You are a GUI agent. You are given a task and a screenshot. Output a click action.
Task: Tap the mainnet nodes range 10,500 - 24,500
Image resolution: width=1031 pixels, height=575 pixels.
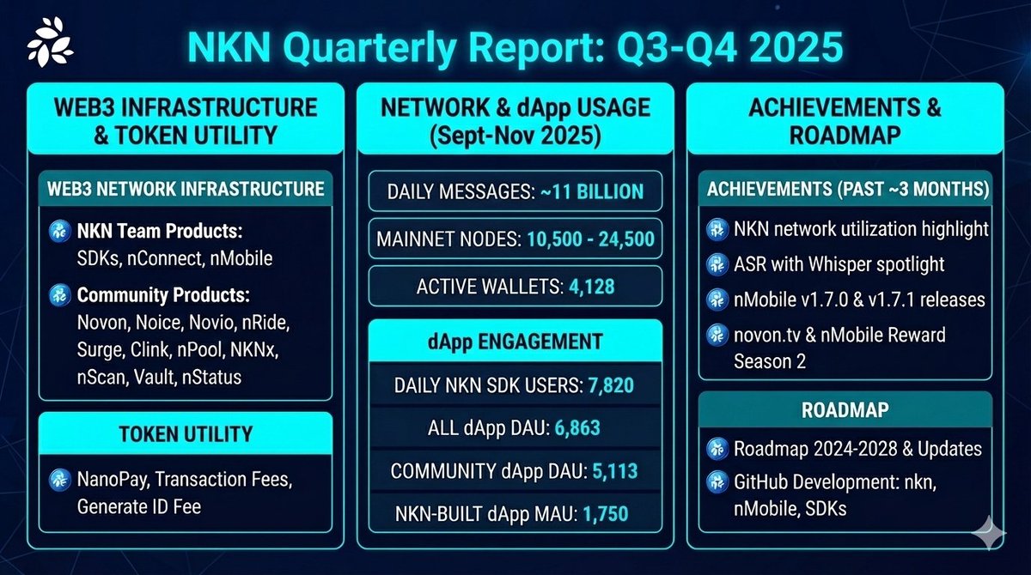(x=588, y=240)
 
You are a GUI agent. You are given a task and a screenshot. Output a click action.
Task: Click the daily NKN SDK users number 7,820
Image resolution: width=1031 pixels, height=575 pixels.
(x=611, y=385)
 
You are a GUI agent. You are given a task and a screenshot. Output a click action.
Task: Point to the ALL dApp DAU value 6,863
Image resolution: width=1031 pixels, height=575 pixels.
(x=570, y=428)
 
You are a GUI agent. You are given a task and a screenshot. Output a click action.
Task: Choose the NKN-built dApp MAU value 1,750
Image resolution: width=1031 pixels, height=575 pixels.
(x=606, y=514)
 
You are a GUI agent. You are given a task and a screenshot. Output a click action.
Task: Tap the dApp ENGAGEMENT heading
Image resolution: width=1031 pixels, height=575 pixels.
(x=515, y=341)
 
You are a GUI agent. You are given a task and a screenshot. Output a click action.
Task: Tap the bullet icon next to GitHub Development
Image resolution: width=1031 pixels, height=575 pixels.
(x=717, y=483)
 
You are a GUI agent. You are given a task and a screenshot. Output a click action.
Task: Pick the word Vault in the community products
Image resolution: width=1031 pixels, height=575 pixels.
(x=156, y=376)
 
